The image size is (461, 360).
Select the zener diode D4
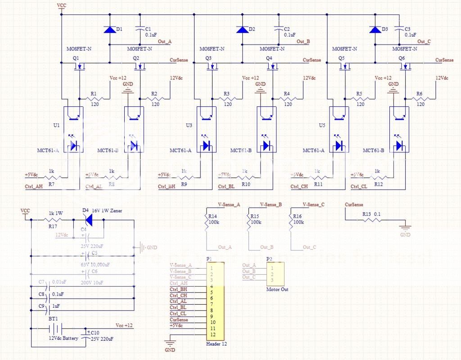[x=89, y=219]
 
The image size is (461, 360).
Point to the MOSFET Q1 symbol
[x=80, y=67]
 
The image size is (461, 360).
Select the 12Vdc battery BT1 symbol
[x=55, y=329]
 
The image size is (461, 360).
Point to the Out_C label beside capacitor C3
[x=424, y=41]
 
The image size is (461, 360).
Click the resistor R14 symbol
[x=206, y=222]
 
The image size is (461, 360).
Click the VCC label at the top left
[x=61, y=5]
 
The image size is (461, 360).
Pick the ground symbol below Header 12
[x=170, y=344]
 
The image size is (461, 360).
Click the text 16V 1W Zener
[x=107, y=211]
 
